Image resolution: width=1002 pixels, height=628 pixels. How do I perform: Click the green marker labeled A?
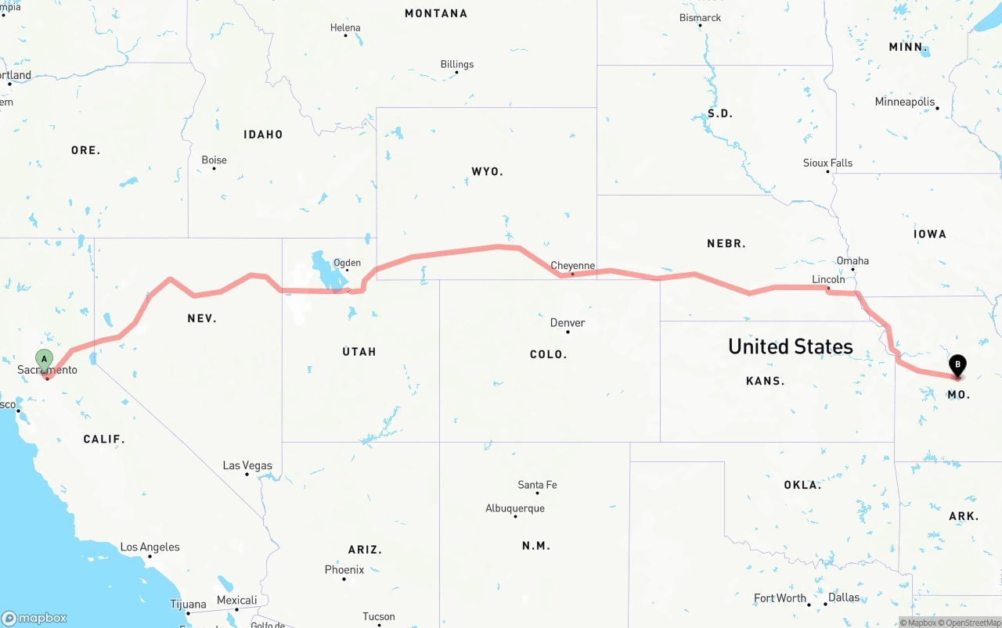(x=45, y=361)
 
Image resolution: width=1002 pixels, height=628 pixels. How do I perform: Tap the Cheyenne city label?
(x=572, y=266)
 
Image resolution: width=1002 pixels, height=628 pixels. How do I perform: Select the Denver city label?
(x=568, y=322)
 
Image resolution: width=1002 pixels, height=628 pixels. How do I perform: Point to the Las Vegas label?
(x=247, y=465)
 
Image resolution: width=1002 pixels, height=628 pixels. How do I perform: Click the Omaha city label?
(x=852, y=260)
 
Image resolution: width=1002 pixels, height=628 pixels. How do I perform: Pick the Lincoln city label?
(x=828, y=279)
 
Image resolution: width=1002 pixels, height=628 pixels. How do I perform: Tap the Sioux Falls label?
(x=827, y=163)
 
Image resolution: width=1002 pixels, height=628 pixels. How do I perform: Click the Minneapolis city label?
(x=905, y=102)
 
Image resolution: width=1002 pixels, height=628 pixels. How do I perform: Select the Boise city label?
(x=214, y=160)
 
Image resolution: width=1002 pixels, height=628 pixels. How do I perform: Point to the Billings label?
(x=457, y=64)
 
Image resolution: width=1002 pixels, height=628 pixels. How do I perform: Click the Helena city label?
(x=345, y=27)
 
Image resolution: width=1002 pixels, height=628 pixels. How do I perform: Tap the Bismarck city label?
(x=700, y=17)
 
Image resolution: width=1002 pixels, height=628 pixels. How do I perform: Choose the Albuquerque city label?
(x=515, y=508)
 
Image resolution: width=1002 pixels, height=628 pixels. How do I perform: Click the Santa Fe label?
(x=537, y=485)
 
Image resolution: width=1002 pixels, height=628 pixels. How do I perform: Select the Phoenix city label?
(x=344, y=569)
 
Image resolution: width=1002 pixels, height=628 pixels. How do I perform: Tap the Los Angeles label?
(x=150, y=547)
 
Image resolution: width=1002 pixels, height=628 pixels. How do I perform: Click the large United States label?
(x=791, y=346)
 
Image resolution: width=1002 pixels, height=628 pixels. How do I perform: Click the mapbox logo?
(x=34, y=618)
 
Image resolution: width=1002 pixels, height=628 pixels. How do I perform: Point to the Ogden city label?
(x=347, y=263)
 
